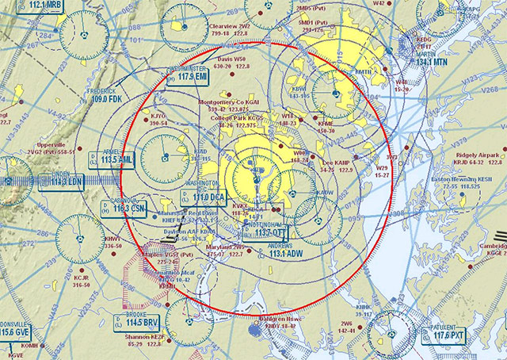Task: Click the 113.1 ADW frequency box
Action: pyautogui.click(x=287, y=254)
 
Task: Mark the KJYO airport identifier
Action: pyautogui.click(x=158, y=116)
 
